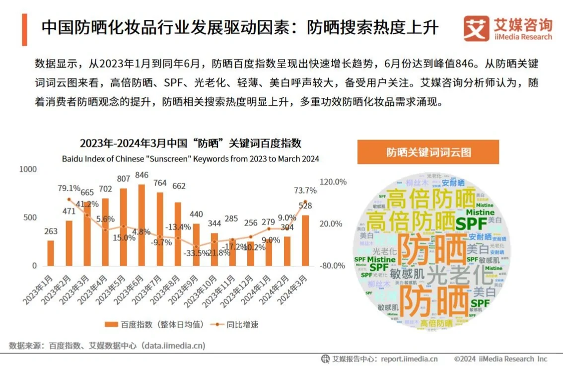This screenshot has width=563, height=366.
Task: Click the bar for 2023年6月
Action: pos(141,225)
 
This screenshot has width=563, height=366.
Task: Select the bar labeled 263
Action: pos(51,253)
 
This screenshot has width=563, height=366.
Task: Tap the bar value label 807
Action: pos(123,179)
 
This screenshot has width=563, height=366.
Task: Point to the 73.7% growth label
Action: pos(305,191)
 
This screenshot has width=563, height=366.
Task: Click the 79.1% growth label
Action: pos(69,188)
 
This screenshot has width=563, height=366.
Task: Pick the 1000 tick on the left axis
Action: pos(28,169)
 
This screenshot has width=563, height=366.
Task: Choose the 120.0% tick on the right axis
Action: pos(333,182)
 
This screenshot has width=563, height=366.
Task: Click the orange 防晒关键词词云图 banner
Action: pos(428,152)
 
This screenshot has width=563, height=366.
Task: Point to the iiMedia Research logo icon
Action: pos(476,29)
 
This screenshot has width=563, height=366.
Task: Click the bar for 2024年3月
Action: pos(305,240)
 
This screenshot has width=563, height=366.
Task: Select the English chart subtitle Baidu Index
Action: pos(190,159)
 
